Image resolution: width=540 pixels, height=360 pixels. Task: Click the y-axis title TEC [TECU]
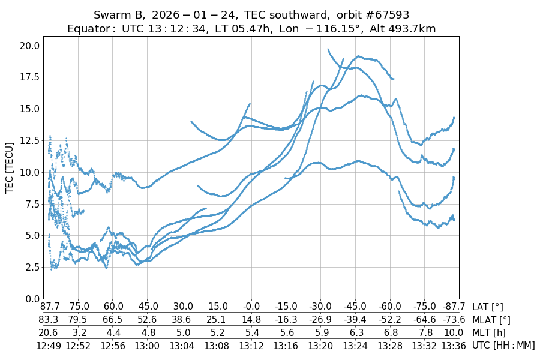tap(10, 167)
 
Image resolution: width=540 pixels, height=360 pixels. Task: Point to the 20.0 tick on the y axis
tap(29, 46)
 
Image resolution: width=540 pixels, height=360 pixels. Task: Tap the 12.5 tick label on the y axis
tap(29, 140)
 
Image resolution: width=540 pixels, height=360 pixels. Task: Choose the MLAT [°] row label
tap(492, 320)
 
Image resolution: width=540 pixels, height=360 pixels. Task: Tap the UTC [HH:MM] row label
tap(503, 345)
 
